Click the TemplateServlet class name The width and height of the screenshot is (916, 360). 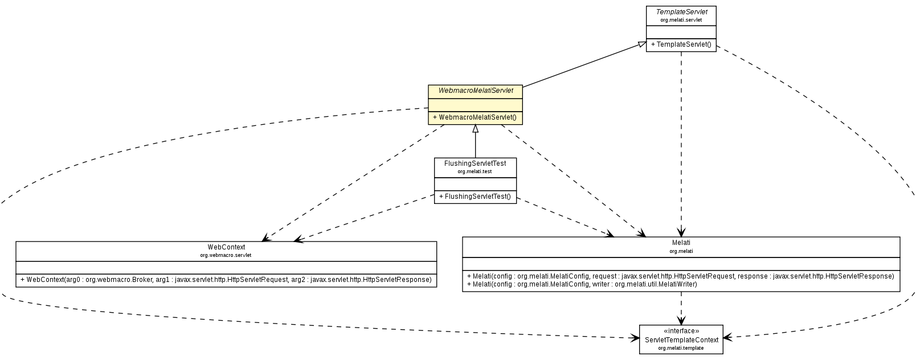click(x=681, y=11)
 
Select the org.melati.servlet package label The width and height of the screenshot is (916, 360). click(x=681, y=20)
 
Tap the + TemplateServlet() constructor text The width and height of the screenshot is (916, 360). click(x=681, y=44)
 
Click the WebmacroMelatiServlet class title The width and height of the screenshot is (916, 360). click(x=476, y=91)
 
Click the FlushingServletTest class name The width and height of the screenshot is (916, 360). click(x=475, y=163)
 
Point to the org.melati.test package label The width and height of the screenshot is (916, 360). click(x=475, y=171)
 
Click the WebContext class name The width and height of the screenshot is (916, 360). click(x=226, y=247)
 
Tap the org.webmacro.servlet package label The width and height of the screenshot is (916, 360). click(x=226, y=255)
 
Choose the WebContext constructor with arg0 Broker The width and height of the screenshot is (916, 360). click(x=226, y=280)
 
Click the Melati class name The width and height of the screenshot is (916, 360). click(x=681, y=243)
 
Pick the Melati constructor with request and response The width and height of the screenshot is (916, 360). click(x=680, y=276)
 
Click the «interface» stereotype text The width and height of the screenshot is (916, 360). click(x=681, y=331)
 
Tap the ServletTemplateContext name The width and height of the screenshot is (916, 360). click(x=681, y=339)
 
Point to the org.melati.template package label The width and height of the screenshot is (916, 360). click(x=681, y=347)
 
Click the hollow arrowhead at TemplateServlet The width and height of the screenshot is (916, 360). click(x=641, y=44)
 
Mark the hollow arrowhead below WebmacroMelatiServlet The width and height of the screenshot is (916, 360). click(x=475, y=128)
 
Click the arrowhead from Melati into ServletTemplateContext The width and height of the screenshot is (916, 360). click(x=681, y=321)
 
